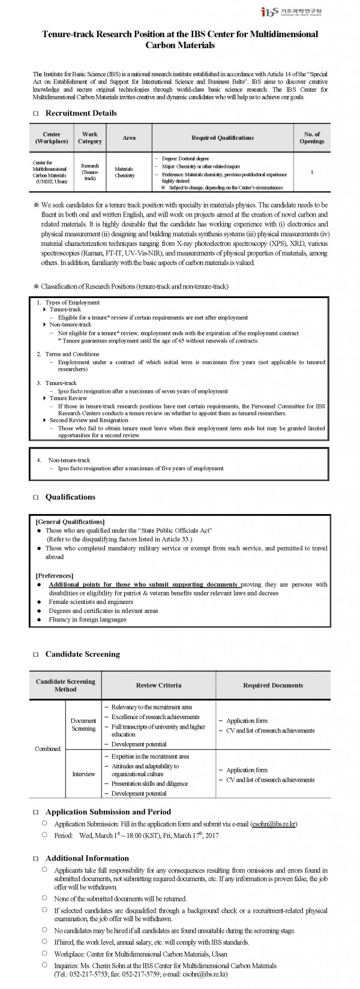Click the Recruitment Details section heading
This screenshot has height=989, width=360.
[x=81, y=113]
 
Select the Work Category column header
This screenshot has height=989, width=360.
[x=90, y=138]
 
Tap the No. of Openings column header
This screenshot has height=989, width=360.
[x=311, y=138]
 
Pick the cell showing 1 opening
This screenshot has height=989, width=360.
[x=312, y=172]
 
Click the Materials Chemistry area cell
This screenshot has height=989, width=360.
[x=125, y=172]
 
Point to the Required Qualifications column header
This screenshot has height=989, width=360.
[x=223, y=138]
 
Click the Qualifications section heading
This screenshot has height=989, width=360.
[x=70, y=497]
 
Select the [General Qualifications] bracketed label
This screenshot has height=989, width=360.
[x=70, y=521]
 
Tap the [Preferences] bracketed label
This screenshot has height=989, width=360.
[x=55, y=575]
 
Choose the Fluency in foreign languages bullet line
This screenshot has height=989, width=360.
[x=88, y=620]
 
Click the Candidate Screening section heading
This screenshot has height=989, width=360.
[x=82, y=654]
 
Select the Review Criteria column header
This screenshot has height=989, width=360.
[x=158, y=685]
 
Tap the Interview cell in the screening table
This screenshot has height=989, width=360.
[x=83, y=774]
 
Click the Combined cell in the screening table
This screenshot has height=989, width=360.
[x=47, y=748]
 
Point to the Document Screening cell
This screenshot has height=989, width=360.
[x=83, y=725]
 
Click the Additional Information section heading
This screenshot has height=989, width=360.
[x=87, y=858]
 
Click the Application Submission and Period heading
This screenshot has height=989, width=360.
[x=108, y=811]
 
